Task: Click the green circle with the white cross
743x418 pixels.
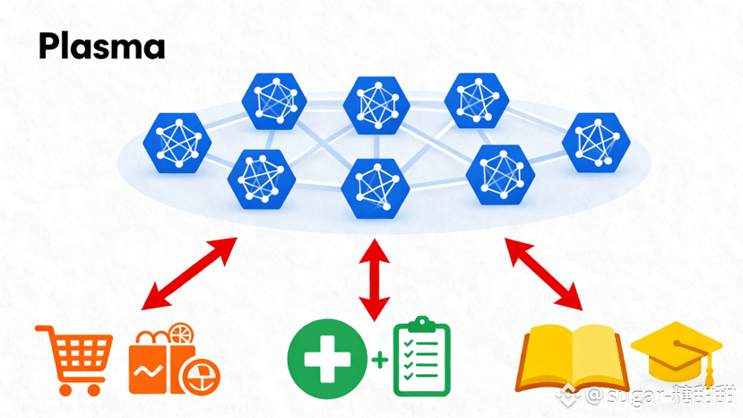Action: (327, 361)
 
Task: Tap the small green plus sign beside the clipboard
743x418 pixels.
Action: (380, 361)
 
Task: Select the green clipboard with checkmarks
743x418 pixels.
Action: (421, 358)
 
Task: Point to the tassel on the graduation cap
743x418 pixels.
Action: (707, 369)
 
